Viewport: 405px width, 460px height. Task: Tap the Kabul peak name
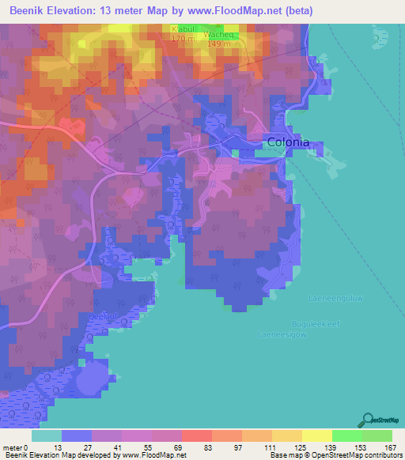pyautogui.click(x=183, y=29)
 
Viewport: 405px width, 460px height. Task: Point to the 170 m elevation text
pyautogui.click(x=183, y=37)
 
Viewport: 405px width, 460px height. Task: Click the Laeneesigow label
pyautogui.click(x=282, y=334)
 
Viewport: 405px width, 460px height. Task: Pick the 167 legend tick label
pyautogui.click(x=391, y=447)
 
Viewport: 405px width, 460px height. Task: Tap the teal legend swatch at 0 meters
pyautogui.click(x=47, y=435)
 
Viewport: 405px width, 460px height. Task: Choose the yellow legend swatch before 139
pyautogui.click(x=287, y=435)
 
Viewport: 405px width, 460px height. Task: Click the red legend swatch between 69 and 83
pyautogui.click(x=196, y=435)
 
